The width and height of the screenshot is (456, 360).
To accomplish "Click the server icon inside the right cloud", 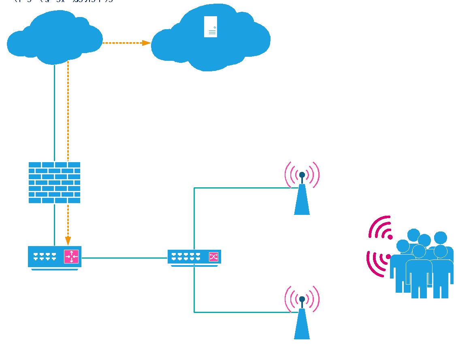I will pos(211,27).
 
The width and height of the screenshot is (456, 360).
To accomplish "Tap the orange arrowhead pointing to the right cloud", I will pos(146,43).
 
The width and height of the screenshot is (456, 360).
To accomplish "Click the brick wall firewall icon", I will pos(54,182).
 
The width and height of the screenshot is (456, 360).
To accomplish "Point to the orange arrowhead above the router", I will pos(68,240).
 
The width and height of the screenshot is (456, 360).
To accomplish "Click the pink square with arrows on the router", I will pos(71,257).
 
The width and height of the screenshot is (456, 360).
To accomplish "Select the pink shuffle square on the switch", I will pos(213,257).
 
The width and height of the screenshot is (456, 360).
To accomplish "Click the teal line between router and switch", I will pos(124,258).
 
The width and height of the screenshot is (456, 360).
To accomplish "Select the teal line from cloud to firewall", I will pos(54,114).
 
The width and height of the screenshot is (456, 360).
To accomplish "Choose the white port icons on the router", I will pos(45,256).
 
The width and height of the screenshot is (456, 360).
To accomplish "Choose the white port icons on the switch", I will pos(186,256).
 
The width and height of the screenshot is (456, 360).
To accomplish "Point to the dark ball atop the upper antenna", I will pos(302,175).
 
